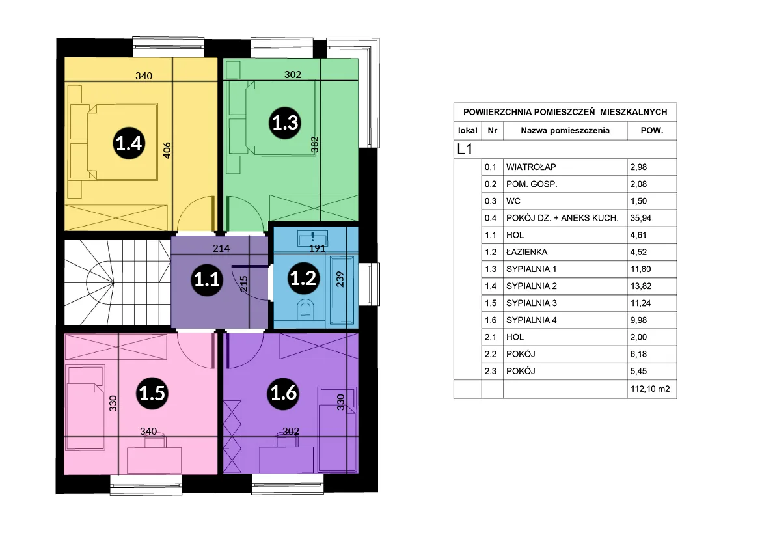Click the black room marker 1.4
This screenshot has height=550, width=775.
(129, 143)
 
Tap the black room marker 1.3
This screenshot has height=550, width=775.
(285, 122)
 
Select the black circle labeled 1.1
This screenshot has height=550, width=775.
(206, 280)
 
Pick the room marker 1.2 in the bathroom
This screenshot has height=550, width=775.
(303, 278)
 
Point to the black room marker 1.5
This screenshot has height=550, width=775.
(152, 393)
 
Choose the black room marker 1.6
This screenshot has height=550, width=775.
(284, 392)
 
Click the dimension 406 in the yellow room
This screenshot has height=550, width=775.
(167, 150)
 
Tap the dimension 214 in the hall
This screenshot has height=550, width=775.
(221, 248)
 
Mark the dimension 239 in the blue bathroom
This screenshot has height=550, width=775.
(340, 279)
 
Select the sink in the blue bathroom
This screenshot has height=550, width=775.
(313, 238)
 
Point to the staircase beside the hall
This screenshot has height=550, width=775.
(118, 282)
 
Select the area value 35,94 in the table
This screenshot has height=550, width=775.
(640, 218)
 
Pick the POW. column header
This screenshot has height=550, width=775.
(651, 131)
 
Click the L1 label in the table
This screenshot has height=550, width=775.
(465, 149)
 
